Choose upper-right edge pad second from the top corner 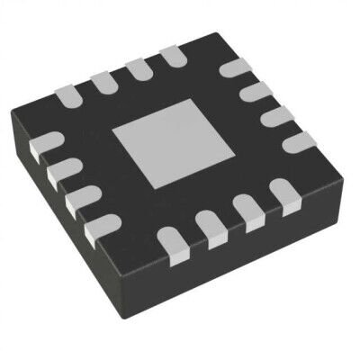pos(257,92)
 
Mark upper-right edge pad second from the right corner pos(277,115)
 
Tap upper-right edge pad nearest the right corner pos(297,140)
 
